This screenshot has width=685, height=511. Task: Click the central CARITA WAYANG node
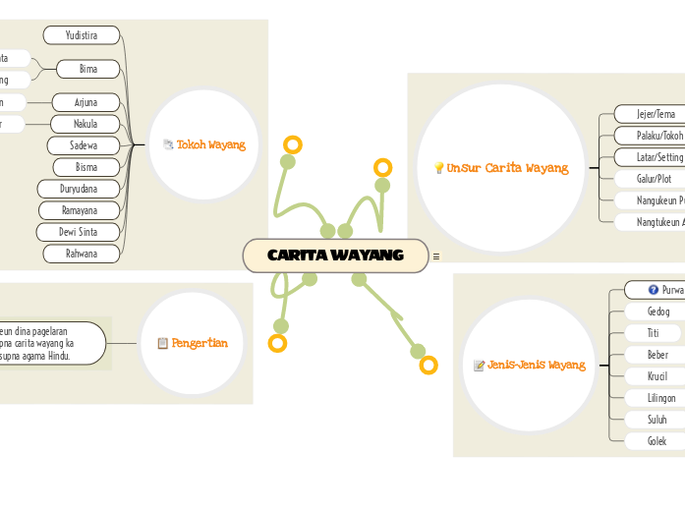point(335,255)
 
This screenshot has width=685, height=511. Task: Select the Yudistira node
point(82,35)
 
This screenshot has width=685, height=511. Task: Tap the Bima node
point(87,69)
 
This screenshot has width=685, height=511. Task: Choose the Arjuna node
point(86,102)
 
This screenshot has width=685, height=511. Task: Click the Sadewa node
point(84,145)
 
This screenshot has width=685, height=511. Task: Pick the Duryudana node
point(79,189)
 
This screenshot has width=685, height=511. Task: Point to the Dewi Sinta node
point(78,232)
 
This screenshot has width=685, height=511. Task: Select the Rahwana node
point(82,254)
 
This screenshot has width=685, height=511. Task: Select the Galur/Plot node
point(653,179)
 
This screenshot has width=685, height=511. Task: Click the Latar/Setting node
point(657,157)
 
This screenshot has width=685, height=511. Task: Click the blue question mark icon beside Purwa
point(654,290)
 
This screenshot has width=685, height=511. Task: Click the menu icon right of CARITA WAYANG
point(435,256)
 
